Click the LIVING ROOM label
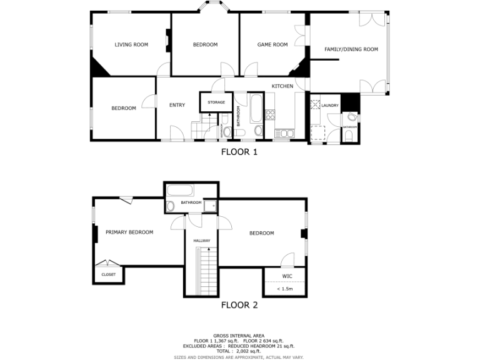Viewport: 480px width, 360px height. pos(131,44)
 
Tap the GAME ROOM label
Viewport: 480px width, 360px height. pos(272,44)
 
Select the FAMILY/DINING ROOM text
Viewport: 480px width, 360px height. pos(351,49)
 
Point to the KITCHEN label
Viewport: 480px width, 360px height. pos(282,86)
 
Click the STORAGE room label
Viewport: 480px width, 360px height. pos(216,102)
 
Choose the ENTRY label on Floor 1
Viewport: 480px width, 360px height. pos(177,105)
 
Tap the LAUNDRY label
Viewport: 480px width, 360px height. pos(330,106)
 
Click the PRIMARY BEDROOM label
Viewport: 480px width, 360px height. pos(129,232)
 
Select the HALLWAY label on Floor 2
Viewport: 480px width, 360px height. pos(201,241)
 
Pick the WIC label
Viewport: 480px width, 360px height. pos(287,276)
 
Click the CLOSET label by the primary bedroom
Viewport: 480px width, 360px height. pos(109,274)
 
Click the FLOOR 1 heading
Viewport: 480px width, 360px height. pos(239,151)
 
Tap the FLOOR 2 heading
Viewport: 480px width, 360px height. pos(239,306)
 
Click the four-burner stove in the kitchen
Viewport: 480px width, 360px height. pos(271,114)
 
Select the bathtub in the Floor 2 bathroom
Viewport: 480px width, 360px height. pos(181,191)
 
